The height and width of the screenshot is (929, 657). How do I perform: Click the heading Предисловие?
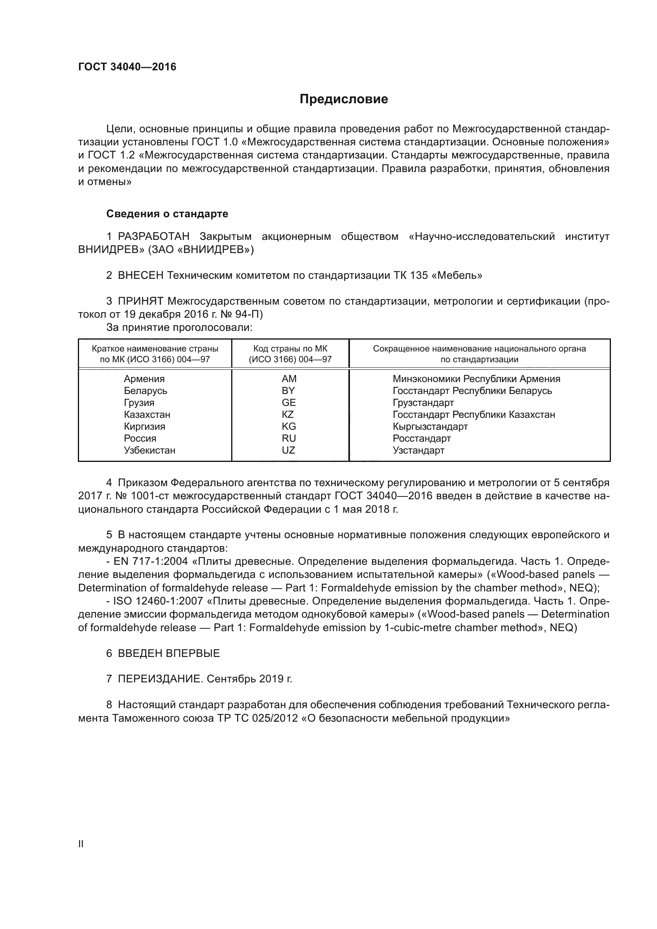(344, 99)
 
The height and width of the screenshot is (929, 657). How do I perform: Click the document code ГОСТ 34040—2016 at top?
(128, 67)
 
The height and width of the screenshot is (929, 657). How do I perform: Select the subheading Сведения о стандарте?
(167, 214)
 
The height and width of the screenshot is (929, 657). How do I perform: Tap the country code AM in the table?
(289, 379)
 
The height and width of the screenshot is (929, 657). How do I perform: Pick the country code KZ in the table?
(288, 414)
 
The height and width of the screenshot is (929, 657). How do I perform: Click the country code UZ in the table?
(288, 450)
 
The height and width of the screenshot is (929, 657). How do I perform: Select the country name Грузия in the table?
(139, 403)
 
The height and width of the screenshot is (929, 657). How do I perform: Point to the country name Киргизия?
(145, 427)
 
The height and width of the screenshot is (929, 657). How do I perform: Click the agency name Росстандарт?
(421, 438)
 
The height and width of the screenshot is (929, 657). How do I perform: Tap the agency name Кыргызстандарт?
(430, 427)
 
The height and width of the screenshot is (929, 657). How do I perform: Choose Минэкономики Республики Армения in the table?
(476, 379)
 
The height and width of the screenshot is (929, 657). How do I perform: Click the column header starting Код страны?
(290, 353)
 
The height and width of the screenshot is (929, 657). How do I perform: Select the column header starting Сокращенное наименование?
(479, 353)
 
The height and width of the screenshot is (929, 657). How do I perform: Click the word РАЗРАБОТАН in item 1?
(154, 236)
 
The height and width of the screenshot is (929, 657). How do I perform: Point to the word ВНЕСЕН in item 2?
(141, 276)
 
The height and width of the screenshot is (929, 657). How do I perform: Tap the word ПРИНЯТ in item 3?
(141, 301)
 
